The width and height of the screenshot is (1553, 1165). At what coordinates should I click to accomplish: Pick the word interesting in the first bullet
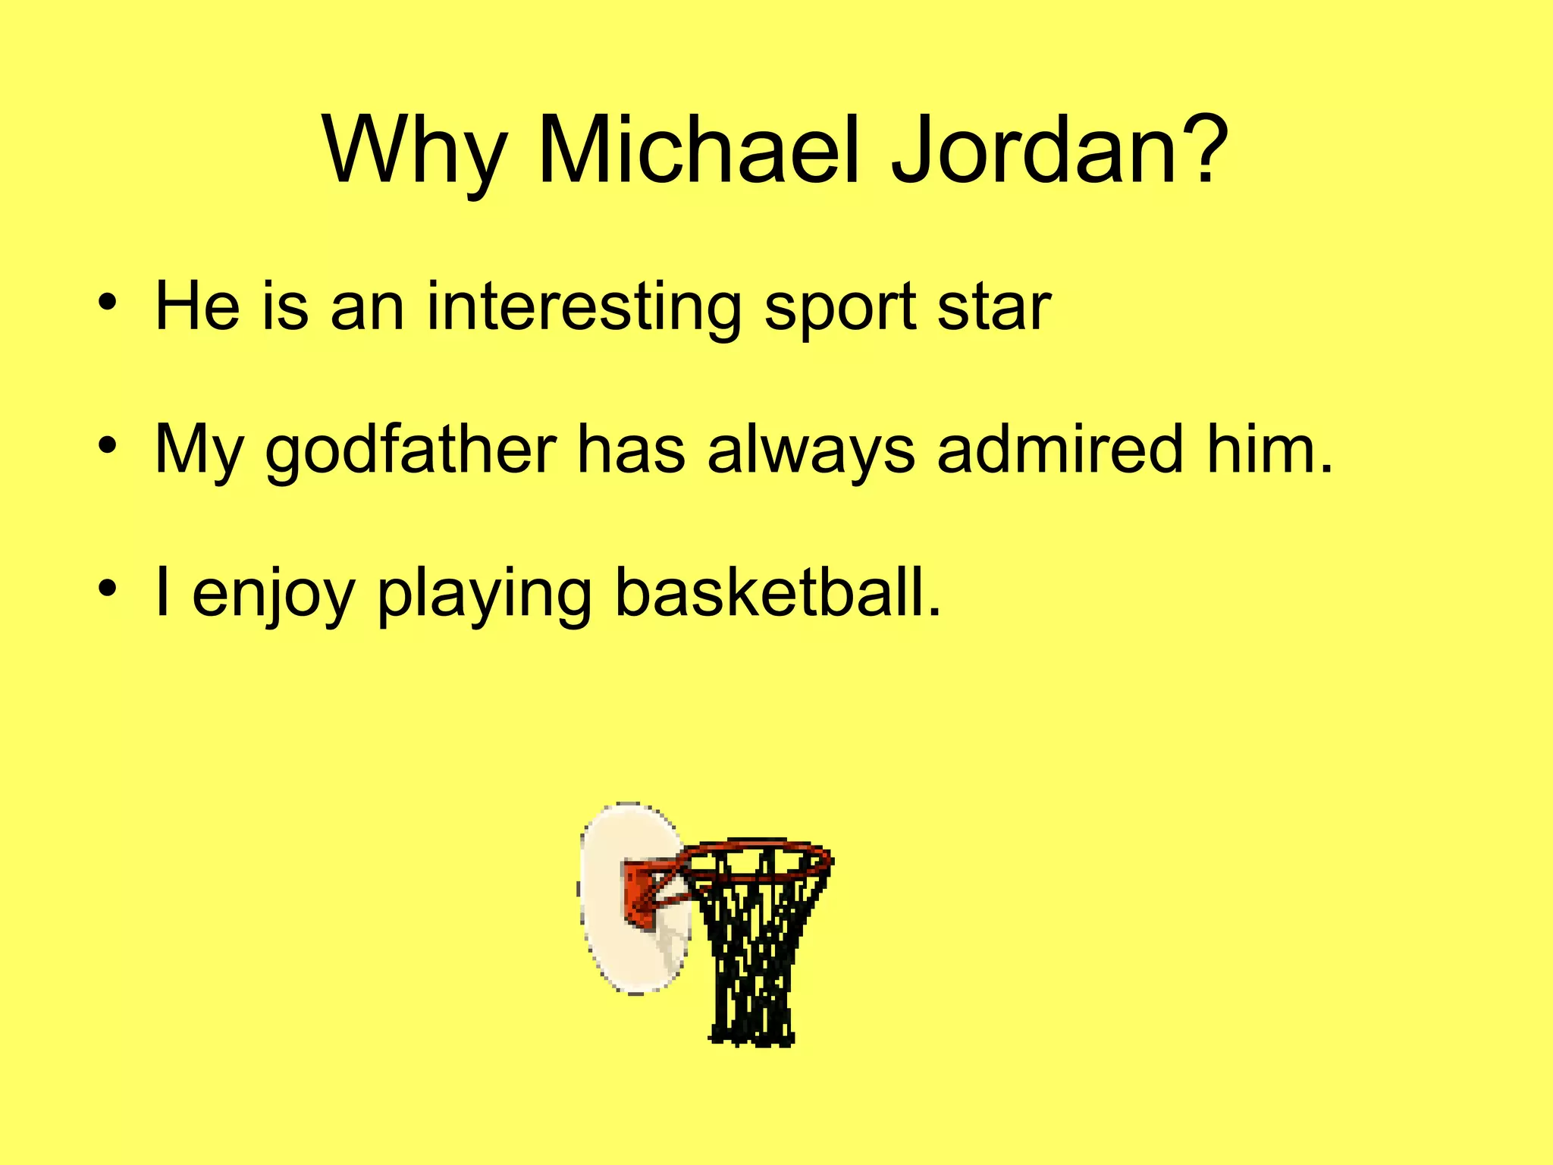click(x=584, y=306)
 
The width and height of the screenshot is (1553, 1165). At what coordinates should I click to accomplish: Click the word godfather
click(x=410, y=450)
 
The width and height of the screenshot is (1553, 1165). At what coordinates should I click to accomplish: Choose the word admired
click(x=1060, y=448)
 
